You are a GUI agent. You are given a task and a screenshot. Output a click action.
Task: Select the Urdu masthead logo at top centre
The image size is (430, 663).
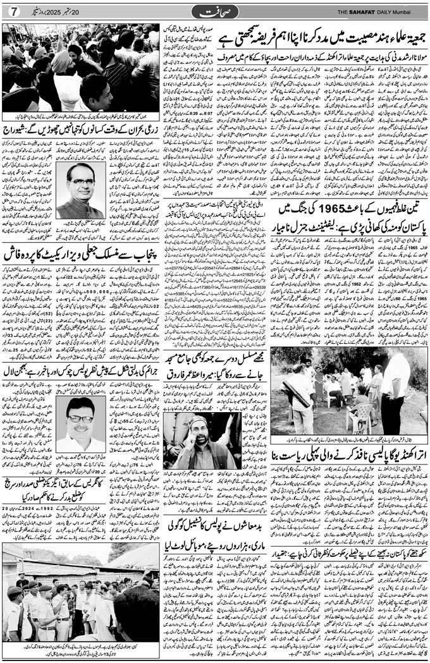tap(214, 11)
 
